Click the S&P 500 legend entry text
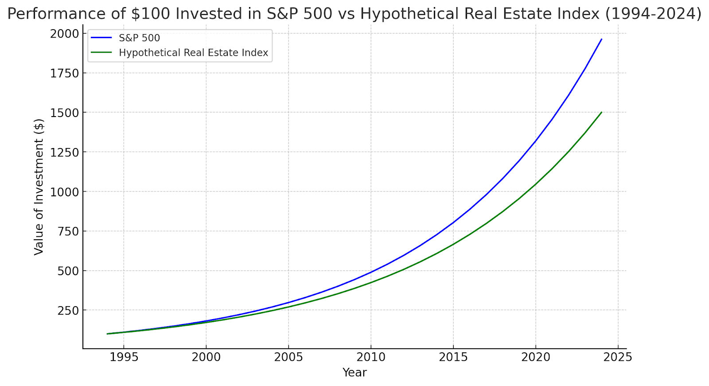[139, 38]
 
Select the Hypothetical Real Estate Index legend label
[193, 53]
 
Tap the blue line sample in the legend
[101, 38]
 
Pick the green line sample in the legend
[101, 53]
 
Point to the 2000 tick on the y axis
[64, 34]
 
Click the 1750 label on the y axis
[64, 73]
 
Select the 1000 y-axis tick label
[64, 192]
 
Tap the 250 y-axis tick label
[68, 310]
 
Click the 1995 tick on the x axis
[124, 357]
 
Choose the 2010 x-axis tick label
[371, 357]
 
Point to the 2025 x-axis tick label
[618, 357]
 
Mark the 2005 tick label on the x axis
[288, 357]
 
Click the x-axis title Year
[354, 373]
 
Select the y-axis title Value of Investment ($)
[39, 187]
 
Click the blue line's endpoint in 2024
[601, 39]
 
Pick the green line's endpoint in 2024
[601, 113]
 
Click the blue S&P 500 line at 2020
[535, 141]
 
